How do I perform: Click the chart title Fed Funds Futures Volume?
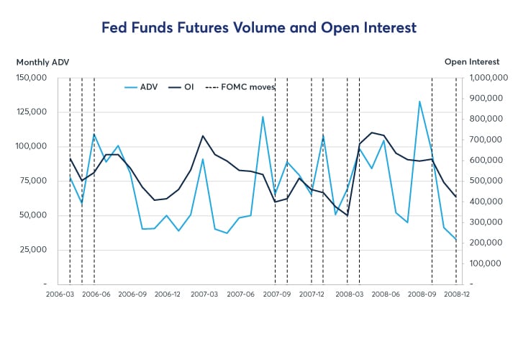(258, 28)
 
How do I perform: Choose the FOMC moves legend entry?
(235, 87)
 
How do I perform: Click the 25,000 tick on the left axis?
(33, 249)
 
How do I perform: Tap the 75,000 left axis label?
(33, 181)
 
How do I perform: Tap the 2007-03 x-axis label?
(204, 294)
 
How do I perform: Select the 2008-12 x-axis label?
(456, 294)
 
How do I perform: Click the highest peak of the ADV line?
(420, 102)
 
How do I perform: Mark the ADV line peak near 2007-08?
(263, 117)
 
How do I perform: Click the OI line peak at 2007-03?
(203, 135)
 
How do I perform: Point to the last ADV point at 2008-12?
(456, 240)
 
